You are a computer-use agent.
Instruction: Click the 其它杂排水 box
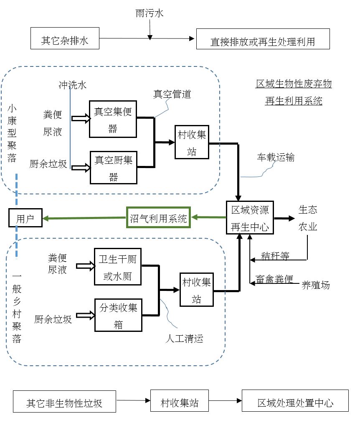pyautogui.click(x=65, y=39)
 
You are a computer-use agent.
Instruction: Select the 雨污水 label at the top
pyautogui.click(x=150, y=13)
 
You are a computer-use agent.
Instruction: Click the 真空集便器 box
pyautogui.click(x=113, y=119)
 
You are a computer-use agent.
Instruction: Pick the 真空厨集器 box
pyautogui.click(x=114, y=167)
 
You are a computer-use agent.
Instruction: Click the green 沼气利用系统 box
pyautogui.click(x=158, y=217)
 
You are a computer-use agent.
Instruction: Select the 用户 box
pyautogui.click(x=25, y=218)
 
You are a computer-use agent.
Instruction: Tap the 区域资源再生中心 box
pyautogui.click(x=250, y=217)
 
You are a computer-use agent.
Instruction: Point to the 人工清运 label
pyautogui.click(x=184, y=338)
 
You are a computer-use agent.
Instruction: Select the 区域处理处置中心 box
pyautogui.click(x=295, y=403)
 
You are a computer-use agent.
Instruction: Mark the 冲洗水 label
pyautogui.click(x=72, y=85)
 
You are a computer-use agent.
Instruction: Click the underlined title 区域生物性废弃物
pyautogui.click(x=294, y=84)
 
